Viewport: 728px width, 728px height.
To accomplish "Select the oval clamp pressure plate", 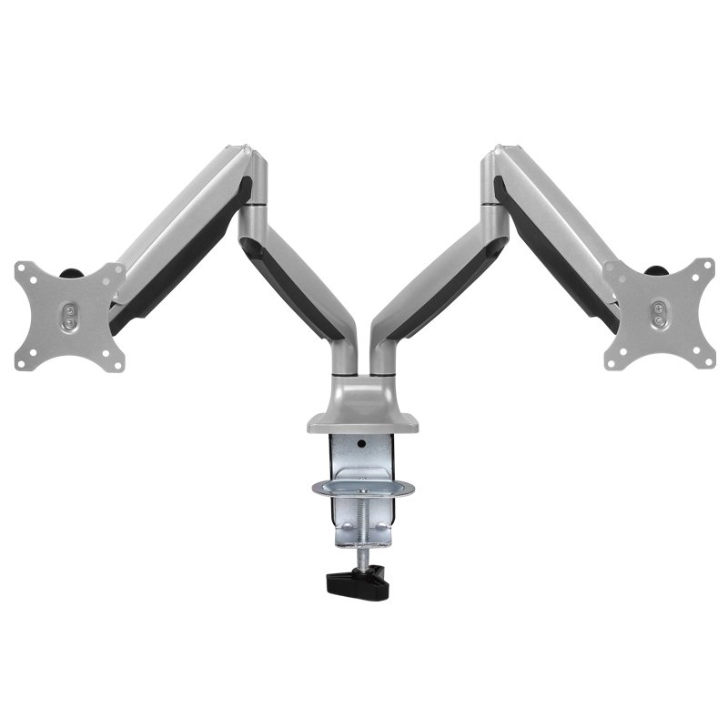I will tap(363, 489).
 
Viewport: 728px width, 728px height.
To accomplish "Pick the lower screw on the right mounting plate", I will tap(659, 320).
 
